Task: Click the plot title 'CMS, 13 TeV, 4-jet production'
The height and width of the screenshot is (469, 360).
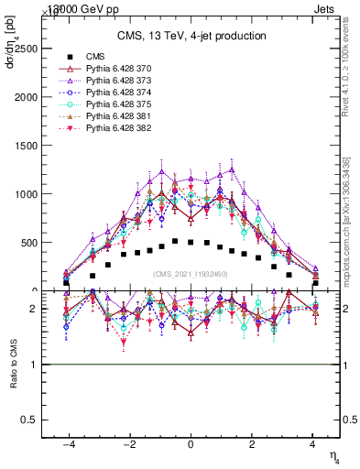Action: pyautogui.click(x=191, y=36)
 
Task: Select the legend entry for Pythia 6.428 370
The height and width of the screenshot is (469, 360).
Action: pyautogui.click(x=114, y=69)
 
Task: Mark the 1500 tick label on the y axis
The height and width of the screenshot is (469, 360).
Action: pyautogui.click(x=27, y=145)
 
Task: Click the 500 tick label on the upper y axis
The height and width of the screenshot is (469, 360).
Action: pyautogui.click(x=29, y=242)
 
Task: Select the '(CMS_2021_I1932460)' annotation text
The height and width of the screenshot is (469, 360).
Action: pyautogui.click(x=191, y=273)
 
